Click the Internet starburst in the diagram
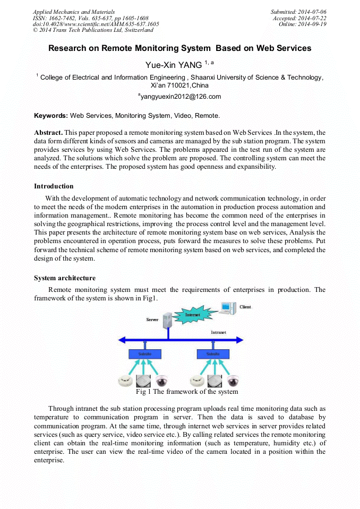tap(192, 315)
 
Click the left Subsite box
tap(145, 353)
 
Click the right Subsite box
tap(212, 353)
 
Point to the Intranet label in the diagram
tap(218, 332)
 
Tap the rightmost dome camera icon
tap(233, 381)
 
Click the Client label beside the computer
tap(245, 307)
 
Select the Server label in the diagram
tap(152, 320)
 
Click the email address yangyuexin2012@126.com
tap(179, 97)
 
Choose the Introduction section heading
tap(54, 186)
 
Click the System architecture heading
tap(65, 278)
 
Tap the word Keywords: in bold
tap(51, 115)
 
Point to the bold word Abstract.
tap(48, 132)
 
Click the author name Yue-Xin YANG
tap(174, 65)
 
